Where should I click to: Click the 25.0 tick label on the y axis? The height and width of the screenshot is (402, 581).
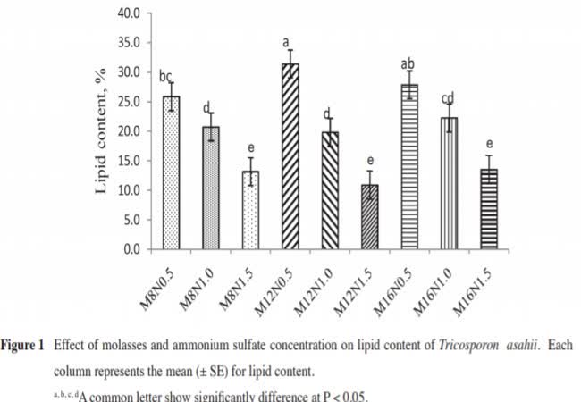pos(126,102)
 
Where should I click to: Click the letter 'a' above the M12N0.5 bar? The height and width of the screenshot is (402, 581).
pos(287,41)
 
